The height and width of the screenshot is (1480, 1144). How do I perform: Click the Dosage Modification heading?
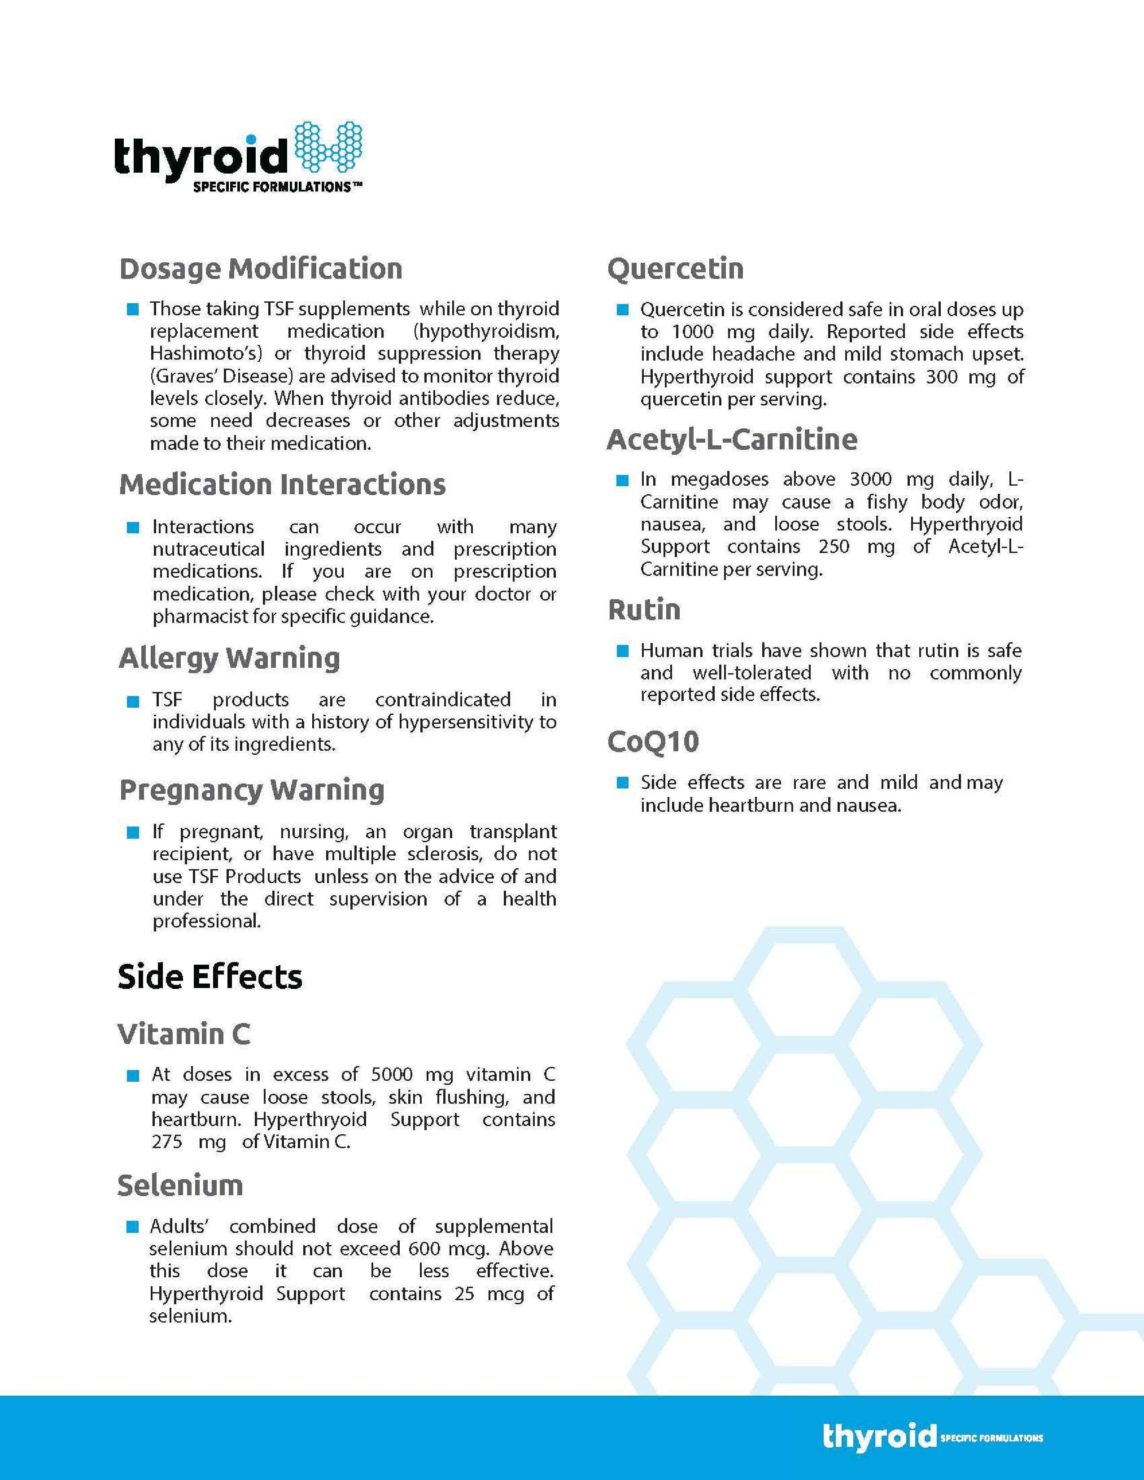261,268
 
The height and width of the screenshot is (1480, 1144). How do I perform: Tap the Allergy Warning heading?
229,658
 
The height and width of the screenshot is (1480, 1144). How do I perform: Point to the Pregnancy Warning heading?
251,790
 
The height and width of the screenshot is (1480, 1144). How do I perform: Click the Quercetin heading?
675,268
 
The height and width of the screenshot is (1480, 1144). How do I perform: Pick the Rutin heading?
644,610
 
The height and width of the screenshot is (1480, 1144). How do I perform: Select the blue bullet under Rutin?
622,651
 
